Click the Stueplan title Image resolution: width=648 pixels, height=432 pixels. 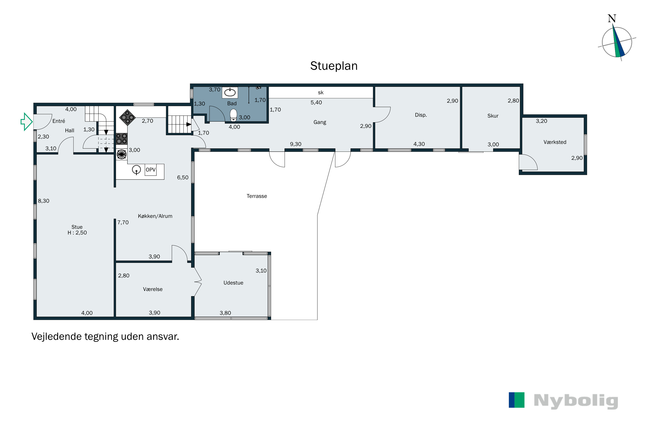click(x=334, y=66)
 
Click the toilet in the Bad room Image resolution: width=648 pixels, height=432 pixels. click(x=233, y=115)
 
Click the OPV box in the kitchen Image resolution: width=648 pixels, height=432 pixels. click(x=150, y=170)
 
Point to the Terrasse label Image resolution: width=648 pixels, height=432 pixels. click(x=257, y=196)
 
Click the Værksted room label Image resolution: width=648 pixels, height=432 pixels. click(x=555, y=142)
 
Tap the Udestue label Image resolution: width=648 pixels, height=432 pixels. click(x=233, y=283)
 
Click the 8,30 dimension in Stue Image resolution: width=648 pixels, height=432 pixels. click(x=44, y=201)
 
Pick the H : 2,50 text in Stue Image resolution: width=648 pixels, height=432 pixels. click(x=77, y=233)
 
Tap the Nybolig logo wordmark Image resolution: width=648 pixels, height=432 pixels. click(x=576, y=401)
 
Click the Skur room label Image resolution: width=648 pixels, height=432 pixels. click(x=493, y=116)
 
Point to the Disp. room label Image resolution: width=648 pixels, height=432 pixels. click(x=421, y=115)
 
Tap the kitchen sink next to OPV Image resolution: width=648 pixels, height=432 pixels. click(x=136, y=170)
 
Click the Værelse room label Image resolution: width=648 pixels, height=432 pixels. click(x=153, y=289)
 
